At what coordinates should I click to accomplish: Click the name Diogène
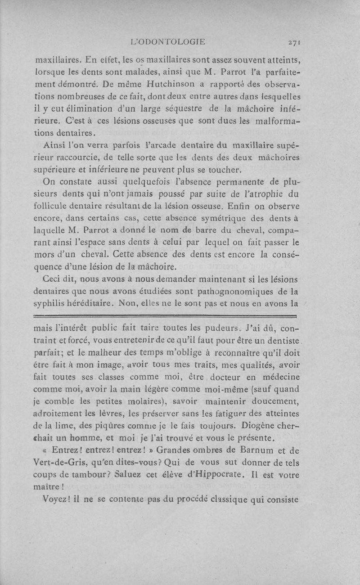255,425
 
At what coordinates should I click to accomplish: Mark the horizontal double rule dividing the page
166,316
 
